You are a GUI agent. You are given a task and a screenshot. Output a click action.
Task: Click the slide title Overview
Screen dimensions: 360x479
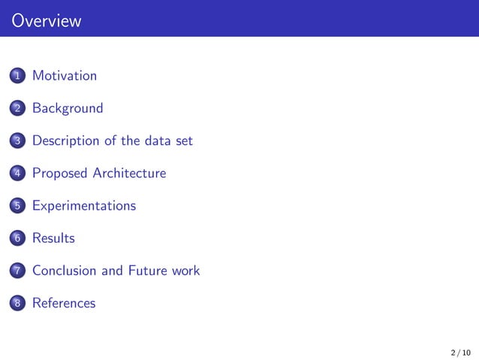(x=47, y=20)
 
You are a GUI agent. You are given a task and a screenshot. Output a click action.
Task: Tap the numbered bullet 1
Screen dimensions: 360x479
(x=17, y=76)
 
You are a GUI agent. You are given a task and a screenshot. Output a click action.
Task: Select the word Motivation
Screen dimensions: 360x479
(x=65, y=76)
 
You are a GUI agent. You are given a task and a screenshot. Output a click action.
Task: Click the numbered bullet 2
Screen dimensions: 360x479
(x=17, y=108)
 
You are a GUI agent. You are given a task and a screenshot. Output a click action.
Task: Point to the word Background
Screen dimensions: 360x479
(x=68, y=108)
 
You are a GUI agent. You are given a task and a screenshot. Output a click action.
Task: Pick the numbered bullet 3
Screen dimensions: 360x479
(x=17, y=141)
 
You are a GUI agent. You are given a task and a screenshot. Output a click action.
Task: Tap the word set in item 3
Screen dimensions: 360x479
(x=184, y=141)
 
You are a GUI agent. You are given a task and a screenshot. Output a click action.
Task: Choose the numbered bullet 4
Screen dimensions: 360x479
(x=17, y=174)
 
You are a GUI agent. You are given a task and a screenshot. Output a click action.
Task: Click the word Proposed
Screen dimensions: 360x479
(x=59, y=174)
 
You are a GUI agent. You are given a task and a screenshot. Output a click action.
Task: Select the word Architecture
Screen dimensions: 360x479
(x=129, y=174)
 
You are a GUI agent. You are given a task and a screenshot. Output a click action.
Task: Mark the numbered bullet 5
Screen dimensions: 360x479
(x=17, y=206)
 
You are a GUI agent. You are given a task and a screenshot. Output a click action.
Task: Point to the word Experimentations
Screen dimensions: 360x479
(x=84, y=206)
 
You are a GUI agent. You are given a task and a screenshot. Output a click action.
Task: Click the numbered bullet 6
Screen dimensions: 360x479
(x=17, y=239)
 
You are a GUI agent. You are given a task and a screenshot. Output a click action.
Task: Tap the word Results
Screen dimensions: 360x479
(x=53, y=238)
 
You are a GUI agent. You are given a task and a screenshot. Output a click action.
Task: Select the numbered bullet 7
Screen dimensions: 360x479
(x=17, y=271)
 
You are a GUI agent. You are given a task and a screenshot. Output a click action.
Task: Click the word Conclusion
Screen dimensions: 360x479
(x=65, y=271)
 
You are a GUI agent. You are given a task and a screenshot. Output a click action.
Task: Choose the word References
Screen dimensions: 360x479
(x=64, y=303)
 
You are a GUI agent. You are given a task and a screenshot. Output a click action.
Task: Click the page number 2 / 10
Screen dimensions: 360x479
(x=460, y=352)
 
